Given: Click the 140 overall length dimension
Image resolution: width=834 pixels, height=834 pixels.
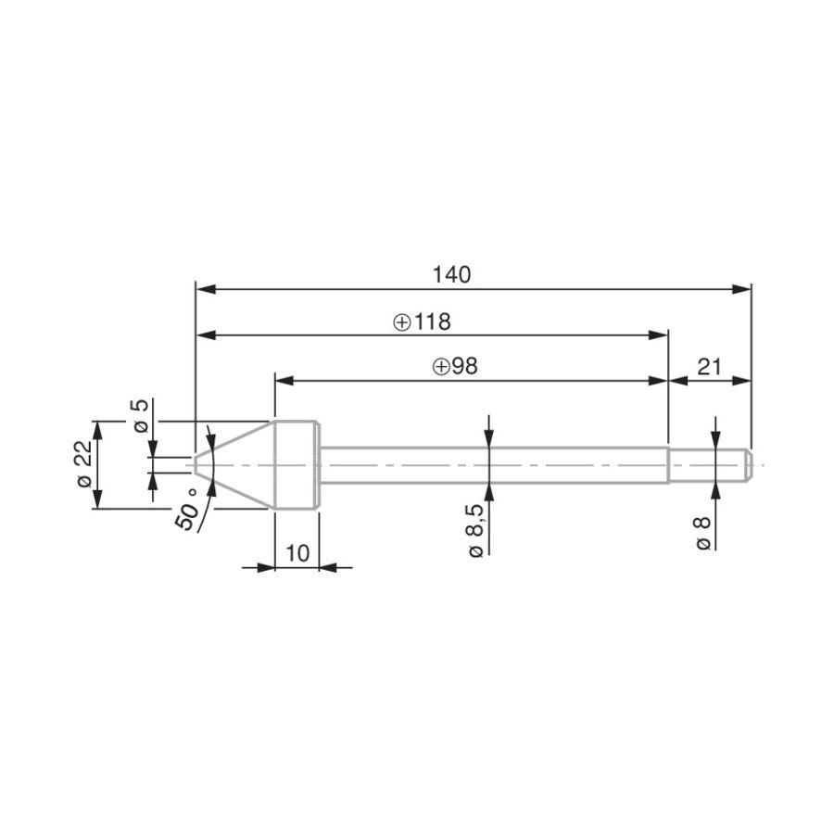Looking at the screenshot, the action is (x=451, y=275).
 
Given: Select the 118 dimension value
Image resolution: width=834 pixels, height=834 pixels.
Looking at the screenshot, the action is (x=433, y=322).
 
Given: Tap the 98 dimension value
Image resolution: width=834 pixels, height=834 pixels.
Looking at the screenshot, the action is (x=464, y=366).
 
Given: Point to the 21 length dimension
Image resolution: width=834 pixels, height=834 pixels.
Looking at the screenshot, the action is (x=710, y=367).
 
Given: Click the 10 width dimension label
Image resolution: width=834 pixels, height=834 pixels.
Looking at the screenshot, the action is (x=297, y=553).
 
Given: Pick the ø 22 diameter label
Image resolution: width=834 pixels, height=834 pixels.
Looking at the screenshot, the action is (x=84, y=464).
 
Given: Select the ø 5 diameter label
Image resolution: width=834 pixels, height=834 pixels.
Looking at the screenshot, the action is (x=139, y=416).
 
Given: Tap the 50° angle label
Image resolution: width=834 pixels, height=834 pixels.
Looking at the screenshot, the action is (x=188, y=510).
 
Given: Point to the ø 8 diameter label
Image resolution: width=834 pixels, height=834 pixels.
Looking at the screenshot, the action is (x=702, y=533).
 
